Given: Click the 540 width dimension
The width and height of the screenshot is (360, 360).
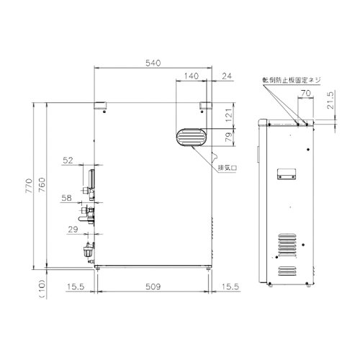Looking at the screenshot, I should click(153, 63).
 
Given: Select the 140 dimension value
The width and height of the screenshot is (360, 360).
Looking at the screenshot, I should click(192, 75).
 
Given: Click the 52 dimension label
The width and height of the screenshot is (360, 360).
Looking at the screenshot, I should click(68, 161).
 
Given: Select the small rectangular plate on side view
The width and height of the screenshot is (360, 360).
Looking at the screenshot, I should click(285, 174).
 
